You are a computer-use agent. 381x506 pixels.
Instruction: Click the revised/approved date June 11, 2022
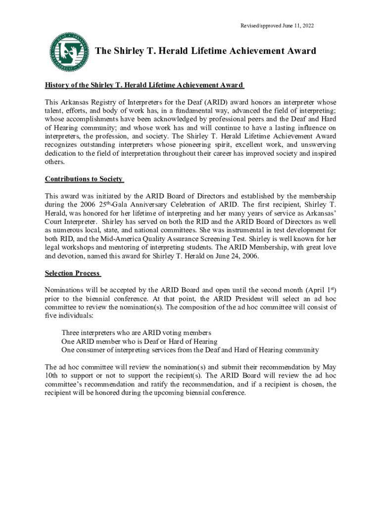pyautogui.click(x=277, y=25)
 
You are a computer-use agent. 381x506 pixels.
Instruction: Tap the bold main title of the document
pyautogui.click(x=205, y=51)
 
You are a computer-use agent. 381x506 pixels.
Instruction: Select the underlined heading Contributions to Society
pyautogui.click(x=84, y=179)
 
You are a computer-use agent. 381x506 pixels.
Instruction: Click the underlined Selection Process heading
pyautogui.click(x=73, y=273)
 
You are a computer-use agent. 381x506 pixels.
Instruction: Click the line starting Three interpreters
pyautogui.click(x=136, y=333)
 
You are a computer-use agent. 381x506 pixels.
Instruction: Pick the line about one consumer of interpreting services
pyautogui.click(x=190, y=350)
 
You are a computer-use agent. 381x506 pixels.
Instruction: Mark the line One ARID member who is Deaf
pyautogui.click(x=139, y=341)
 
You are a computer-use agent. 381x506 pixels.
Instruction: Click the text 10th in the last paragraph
pyautogui.click(x=52, y=376)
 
